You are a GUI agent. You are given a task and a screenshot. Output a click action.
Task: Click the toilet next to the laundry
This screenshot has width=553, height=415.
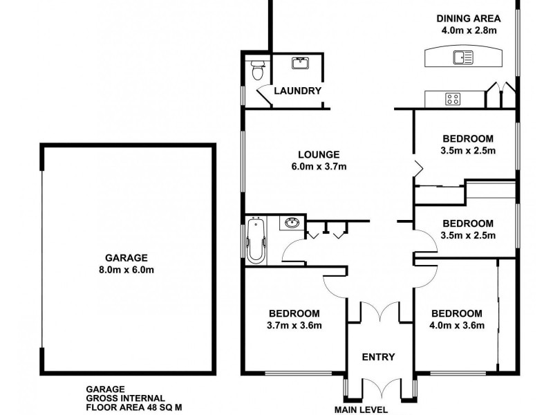(x=257, y=69)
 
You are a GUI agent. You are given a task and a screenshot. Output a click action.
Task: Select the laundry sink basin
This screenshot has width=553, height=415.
(x=300, y=64)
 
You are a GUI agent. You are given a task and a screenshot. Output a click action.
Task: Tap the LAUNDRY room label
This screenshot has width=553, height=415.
(x=297, y=91)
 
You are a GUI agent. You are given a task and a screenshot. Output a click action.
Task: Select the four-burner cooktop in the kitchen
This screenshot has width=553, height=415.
(x=453, y=99)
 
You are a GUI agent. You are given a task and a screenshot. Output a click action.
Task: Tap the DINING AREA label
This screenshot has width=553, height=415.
(x=468, y=19)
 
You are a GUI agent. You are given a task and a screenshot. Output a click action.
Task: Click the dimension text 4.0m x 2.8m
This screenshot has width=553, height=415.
(x=468, y=30)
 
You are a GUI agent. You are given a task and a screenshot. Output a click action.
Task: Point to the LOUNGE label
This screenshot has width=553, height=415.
(x=318, y=154)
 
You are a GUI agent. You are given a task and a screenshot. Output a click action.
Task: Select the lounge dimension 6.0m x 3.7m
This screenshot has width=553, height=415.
(x=318, y=166)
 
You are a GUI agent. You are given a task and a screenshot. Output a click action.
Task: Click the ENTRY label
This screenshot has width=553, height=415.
(x=379, y=357)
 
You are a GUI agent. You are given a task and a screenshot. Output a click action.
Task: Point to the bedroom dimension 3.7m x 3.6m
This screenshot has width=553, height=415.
(x=294, y=325)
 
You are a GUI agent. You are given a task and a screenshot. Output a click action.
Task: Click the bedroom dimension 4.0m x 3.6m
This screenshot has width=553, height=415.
(x=456, y=325)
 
